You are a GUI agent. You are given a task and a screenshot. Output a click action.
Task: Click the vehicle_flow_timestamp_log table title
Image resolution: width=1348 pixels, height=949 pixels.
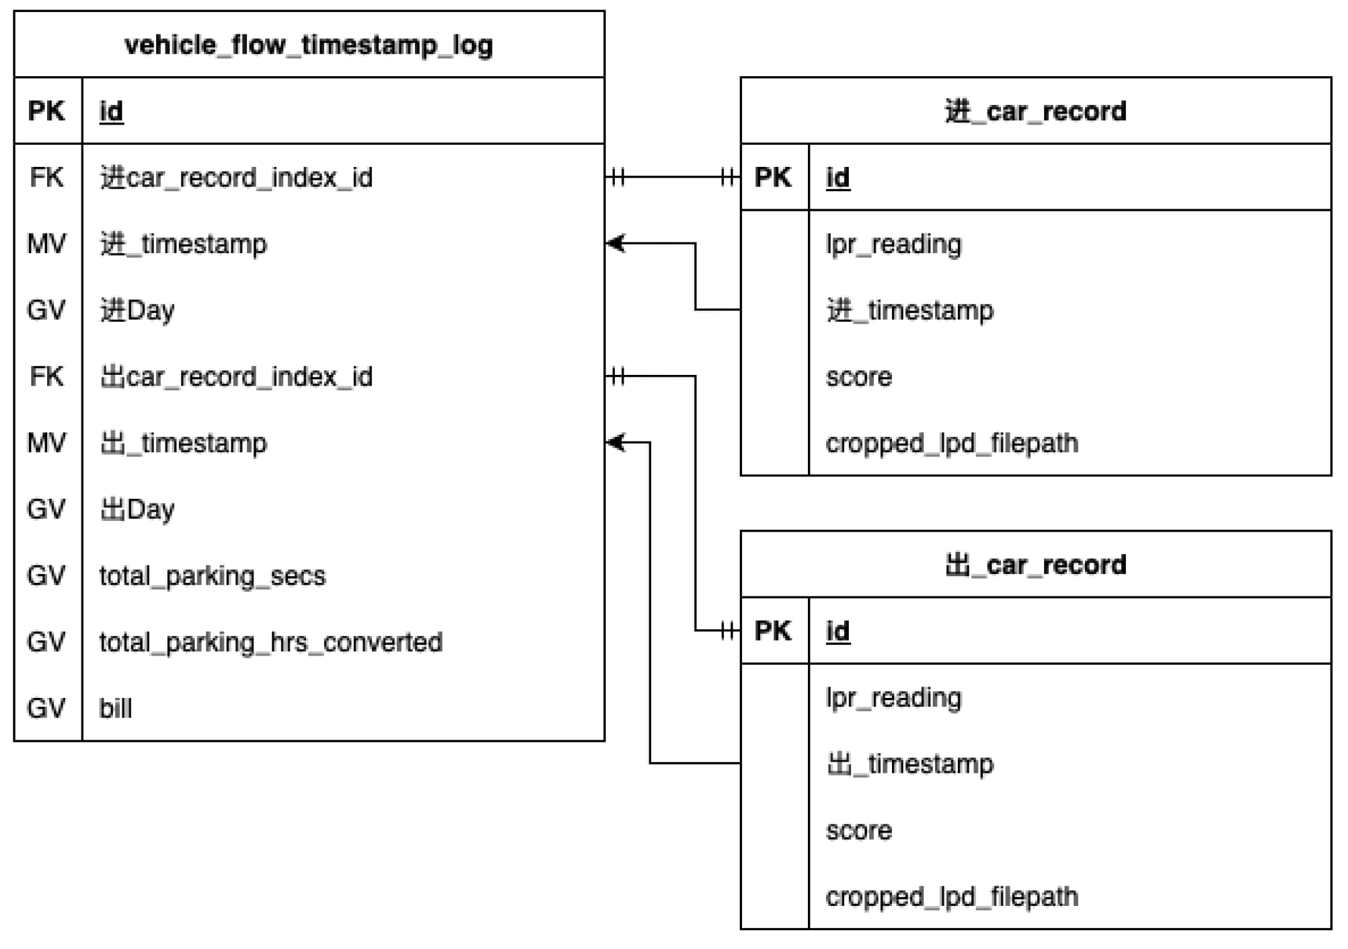pyautogui.click(x=309, y=45)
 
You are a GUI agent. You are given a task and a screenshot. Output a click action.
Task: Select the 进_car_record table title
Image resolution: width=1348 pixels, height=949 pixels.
pyautogui.click(x=1035, y=111)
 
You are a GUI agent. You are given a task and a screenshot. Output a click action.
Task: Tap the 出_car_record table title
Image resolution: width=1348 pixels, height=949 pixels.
pyautogui.click(x=1035, y=565)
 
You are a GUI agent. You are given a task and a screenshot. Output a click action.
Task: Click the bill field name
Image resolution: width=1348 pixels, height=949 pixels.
pyautogui.click(x=116, y=709)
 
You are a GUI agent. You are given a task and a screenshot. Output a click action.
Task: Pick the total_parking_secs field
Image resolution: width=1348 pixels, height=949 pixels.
pyautogui.click(x=213, y=576)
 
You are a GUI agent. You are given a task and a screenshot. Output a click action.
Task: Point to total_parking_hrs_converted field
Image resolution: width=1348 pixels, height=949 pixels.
pyautogui.click(x=270, y=642)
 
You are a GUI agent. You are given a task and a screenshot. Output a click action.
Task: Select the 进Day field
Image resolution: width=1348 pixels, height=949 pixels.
pyautogui.click(x=137, y=310)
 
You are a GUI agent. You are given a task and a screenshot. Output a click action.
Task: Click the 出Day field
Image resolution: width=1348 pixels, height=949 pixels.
pyautogui.click(x=137, y=509)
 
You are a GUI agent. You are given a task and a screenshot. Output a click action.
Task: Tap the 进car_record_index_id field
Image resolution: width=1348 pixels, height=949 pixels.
pyautogui.click(x=236, y=178)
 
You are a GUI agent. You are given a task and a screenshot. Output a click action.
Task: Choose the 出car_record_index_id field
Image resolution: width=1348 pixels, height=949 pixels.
pyautogui.click(x=236, y=377)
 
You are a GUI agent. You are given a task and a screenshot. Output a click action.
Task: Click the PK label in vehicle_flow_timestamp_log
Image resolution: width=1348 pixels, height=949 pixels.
pyautogui.click(x=46, y=111)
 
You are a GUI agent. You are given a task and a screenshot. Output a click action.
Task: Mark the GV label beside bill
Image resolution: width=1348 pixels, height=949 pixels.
pyautogui.click(x=46, y=709)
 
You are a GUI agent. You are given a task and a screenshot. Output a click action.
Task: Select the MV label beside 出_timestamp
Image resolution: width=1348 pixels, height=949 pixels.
pyautogui.click(x=46, y=443)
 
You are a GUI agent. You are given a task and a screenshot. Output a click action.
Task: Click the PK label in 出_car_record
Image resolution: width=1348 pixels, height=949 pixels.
pyautogui.click(x=774, y=631)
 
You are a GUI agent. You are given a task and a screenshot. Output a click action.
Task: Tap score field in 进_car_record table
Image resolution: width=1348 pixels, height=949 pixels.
pyautogui.click(x=859, y=377)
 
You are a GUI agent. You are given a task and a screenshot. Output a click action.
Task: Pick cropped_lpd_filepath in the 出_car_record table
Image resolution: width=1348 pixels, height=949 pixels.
pyautogui.click(x=952, y=897)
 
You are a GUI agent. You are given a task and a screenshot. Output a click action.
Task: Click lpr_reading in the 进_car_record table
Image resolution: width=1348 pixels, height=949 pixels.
pyautogui.click(x=894, y=244)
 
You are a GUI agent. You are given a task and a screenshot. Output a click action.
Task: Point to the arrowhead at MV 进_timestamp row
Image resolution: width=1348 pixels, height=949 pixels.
pyautogui.click(x=614, y=244)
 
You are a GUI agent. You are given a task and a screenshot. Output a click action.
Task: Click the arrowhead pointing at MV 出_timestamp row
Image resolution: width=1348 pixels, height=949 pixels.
pyautogui.click(x=614, y=443)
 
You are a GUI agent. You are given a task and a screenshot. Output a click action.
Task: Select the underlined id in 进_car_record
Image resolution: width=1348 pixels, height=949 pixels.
pyautogui.click(x=837, y=178)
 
